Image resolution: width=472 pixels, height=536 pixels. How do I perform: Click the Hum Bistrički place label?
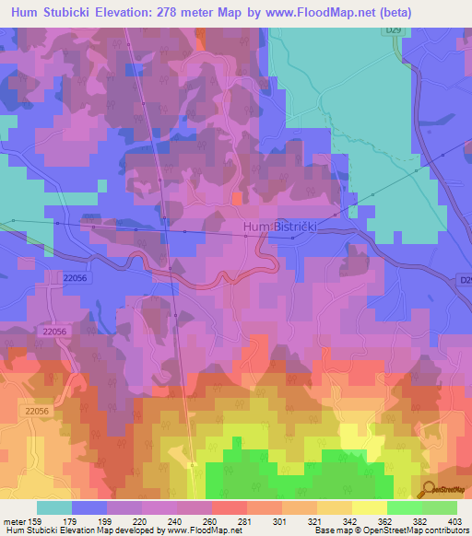[285, 226]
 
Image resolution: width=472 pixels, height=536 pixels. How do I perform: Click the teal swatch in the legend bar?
[53, 507]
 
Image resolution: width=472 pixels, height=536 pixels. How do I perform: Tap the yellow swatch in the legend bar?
[368, 507]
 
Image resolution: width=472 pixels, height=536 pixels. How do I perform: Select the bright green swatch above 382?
[403, 507]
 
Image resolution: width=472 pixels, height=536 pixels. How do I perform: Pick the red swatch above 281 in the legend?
[229, 507]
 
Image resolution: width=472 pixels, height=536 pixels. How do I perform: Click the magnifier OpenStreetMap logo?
[430, 489]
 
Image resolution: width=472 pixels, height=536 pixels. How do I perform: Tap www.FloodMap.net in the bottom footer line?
[200, 531]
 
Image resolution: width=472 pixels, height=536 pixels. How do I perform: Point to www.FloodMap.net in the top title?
[313, 12]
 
